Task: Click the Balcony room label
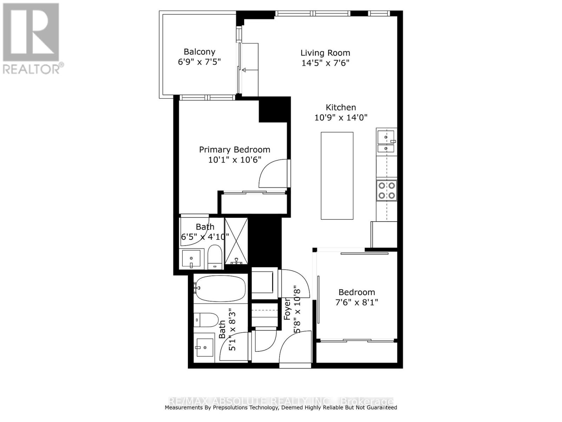coord(199,52)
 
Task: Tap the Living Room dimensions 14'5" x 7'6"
coord(325,63)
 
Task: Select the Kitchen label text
coord(341,108)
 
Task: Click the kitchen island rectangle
coord(337,175)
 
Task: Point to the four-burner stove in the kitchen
coord(386,190)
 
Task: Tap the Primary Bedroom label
coord(234,150)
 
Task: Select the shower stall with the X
coord(236,241)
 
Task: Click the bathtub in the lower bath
coord(220,288)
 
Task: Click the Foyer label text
coord(287,309)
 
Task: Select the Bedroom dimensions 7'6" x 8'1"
coord(357,302)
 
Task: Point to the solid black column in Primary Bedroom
coord(274,109)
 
